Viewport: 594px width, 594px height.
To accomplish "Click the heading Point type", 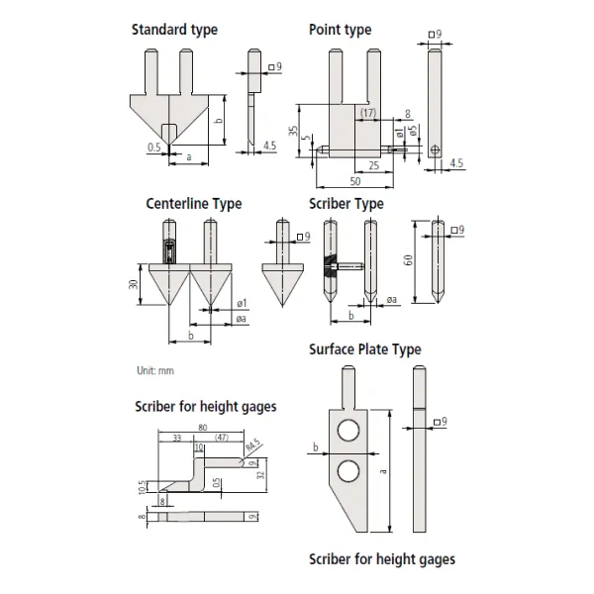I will pyautogui.click(x=340, y=30).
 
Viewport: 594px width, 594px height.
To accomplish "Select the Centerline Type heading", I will pyautogui.click(x=193, y=204).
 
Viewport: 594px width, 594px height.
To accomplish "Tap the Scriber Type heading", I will pyautogui.click(x=346, y=204).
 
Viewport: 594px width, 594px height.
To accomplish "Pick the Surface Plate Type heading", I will pyautogui.click(x=364, y=349).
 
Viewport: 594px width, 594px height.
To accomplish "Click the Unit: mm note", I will pyautogui.click(x=154, y=370).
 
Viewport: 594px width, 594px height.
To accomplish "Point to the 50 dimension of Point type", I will pyautogui.click(x=353, y=183).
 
